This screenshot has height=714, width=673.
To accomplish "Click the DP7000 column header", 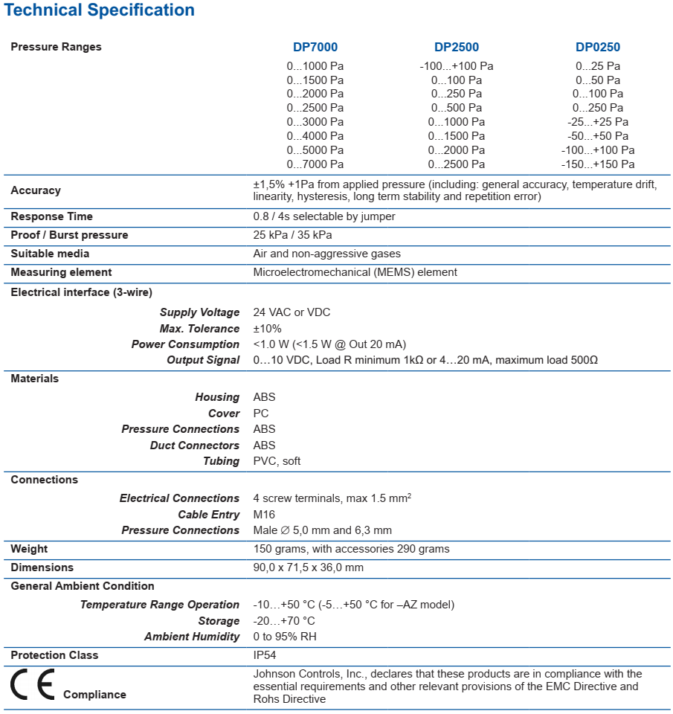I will [x=315, y=47].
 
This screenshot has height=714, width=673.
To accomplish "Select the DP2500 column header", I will [x=456, y=47].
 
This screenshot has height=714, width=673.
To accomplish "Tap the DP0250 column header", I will [x=597, y=47].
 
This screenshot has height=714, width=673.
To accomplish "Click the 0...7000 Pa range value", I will [x=315, y=164].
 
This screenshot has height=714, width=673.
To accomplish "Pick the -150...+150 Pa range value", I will [x=597, y=164].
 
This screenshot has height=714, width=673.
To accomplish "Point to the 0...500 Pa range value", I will [x=456, y=108].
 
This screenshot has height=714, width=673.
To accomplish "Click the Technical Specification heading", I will [x=100, y=10].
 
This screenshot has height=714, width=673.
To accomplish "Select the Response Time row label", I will [x=51, y=216].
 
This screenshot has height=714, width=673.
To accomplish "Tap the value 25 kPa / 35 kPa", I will [x=292, y=235].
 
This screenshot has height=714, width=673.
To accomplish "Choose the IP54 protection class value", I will [x=265, y=655].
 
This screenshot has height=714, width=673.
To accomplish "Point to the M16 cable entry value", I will [x=264, y=515].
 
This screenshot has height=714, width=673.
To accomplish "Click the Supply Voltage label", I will [x=199, y=312].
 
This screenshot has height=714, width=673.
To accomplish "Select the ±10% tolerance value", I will [x=267, y=329].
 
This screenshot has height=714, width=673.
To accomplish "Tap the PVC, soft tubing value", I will [x=277, y=461].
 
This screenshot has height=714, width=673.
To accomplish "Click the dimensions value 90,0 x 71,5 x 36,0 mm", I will [x=308, y=567].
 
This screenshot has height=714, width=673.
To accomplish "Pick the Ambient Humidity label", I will [x=192, y=637].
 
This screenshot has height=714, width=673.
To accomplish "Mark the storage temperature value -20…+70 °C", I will [x=284, y=621].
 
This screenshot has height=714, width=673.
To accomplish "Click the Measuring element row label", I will [x=61, y=272].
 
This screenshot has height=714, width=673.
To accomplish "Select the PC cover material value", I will [x=261, y=414].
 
